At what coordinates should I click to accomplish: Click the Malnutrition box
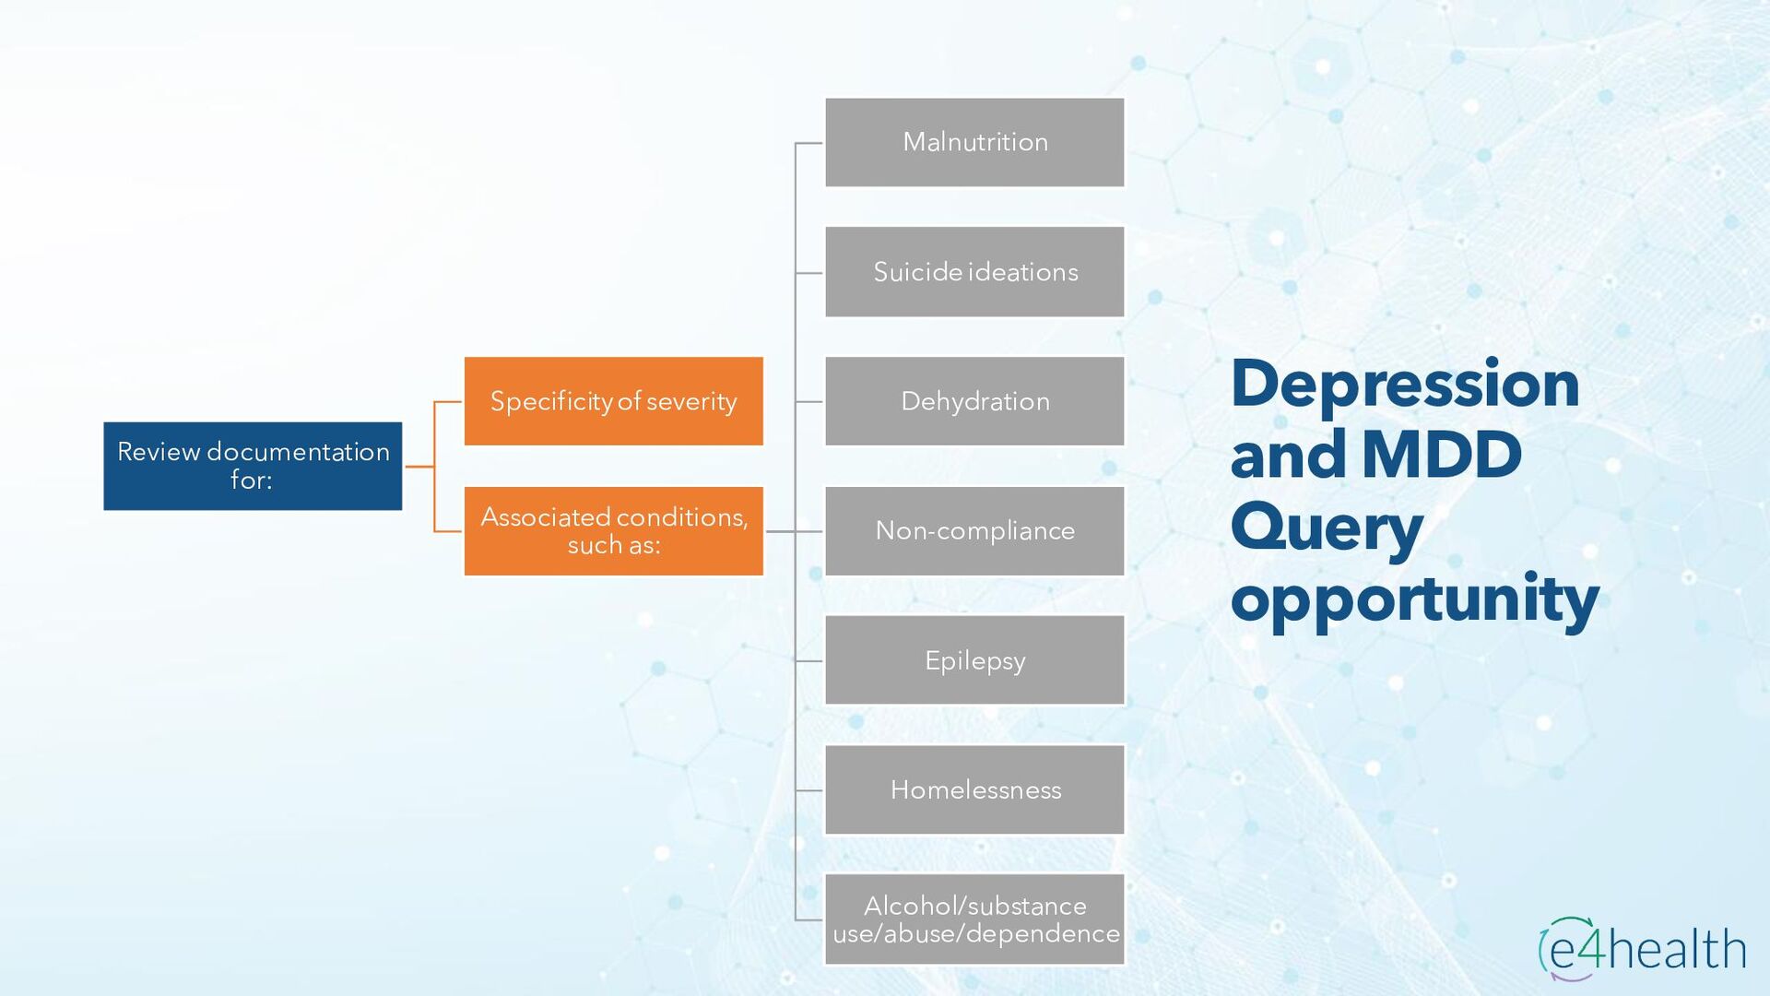click(974, 143)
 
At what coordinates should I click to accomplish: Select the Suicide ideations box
click(974, 272)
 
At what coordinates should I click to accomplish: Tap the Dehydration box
click(974, 401)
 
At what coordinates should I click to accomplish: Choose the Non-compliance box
click(974, 531)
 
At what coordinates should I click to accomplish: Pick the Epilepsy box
click(974, 660)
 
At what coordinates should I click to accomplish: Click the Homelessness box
click(974, 790)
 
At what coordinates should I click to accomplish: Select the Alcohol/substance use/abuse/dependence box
click(974, 919)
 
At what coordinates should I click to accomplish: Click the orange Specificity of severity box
click(614, 401)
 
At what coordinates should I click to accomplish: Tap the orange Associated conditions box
click(614, 531)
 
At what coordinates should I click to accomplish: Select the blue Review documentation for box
click(253, 466)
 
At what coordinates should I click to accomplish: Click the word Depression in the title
click(1404, 384)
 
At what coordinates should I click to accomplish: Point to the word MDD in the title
click(1441, 455)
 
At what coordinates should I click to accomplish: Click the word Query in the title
click(1327, 528)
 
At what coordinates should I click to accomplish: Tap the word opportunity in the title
click(1414, 599)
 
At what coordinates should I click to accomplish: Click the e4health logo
click(1642, 949)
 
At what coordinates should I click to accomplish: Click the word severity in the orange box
click(691, 402)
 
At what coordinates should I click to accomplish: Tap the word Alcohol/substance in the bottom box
click(974, 906)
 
